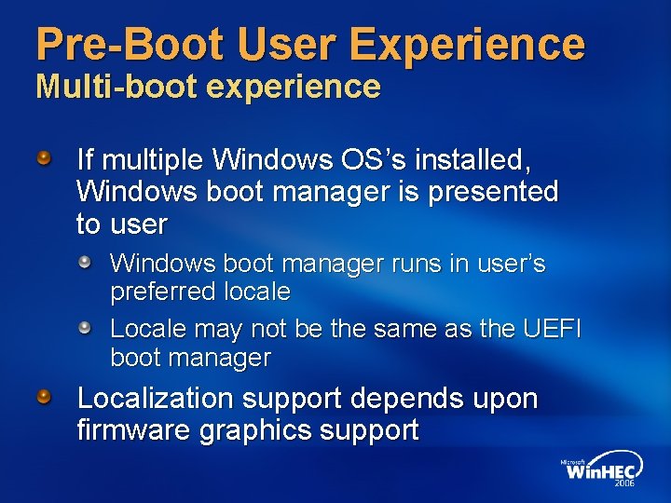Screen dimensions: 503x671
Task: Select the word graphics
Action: pos(249,430)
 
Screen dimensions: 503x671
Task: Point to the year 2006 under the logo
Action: pos(624,484)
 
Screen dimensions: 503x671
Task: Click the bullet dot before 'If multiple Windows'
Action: pos(45,156)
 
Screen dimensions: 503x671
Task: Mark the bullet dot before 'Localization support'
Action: pos(45,397)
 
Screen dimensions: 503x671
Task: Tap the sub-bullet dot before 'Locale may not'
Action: pos(85,327)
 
